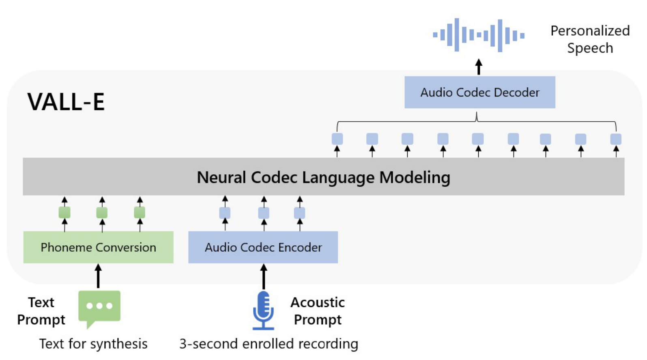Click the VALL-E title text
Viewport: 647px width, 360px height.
point(66,102)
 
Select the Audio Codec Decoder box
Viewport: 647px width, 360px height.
point(479,92)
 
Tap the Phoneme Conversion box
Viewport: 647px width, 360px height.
point(98,247)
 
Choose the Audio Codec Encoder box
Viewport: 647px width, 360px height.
point(263,247)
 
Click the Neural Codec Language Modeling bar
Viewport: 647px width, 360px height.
point(323,177)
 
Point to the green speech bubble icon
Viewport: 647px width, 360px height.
point(99,308)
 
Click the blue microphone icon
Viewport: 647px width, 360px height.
point(263,310)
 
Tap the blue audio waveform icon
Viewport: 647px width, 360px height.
point(479,35)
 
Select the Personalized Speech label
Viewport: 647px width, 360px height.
point(590,39)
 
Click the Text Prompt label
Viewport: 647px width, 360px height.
point(41,311)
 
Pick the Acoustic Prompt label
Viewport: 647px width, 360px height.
point(318,311)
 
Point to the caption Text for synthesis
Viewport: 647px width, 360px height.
point(93,344)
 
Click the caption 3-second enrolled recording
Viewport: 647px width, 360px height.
point(269,344)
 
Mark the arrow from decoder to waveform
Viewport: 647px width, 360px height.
point(479,67)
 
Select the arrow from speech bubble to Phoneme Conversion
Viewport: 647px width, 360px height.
point(98,276)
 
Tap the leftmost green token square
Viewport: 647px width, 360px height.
point(64,212)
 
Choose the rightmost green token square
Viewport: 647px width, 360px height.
point(140,212)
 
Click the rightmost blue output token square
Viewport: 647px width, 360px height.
point(616,139)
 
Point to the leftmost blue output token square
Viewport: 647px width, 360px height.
point(337,139)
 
